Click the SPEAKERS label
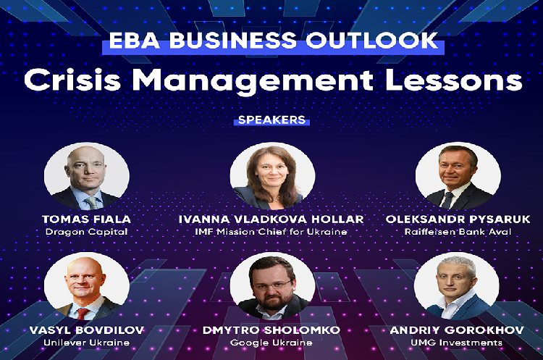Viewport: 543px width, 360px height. [271, 120]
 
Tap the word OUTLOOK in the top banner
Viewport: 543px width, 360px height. [371, 40]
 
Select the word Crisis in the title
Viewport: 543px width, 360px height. [72, 80]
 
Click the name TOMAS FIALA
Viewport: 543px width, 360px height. [87, 219]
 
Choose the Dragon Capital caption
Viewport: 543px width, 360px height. [87, 232]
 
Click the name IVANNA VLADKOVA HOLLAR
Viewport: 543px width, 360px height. [271, 219]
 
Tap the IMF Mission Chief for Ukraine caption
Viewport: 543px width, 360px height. [271, 232]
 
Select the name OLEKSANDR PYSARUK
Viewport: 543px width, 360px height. [458, 219]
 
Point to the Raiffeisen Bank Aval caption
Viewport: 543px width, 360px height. [458, 232]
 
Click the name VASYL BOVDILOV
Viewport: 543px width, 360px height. [87, 330]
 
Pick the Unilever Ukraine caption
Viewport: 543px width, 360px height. [87, 343]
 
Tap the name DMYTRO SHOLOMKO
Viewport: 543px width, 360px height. [271, 330]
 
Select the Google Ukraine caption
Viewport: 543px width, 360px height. [271, 343]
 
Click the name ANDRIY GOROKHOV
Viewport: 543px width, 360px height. [457, 330]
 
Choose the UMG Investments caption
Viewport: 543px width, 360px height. [457, 343]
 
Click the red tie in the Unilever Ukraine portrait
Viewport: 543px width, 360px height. [83, 314]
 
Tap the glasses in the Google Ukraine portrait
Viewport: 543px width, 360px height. [271, 285]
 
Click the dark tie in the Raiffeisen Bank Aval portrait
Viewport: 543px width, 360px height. [447, 200]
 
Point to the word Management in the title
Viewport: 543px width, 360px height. [253, 80]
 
